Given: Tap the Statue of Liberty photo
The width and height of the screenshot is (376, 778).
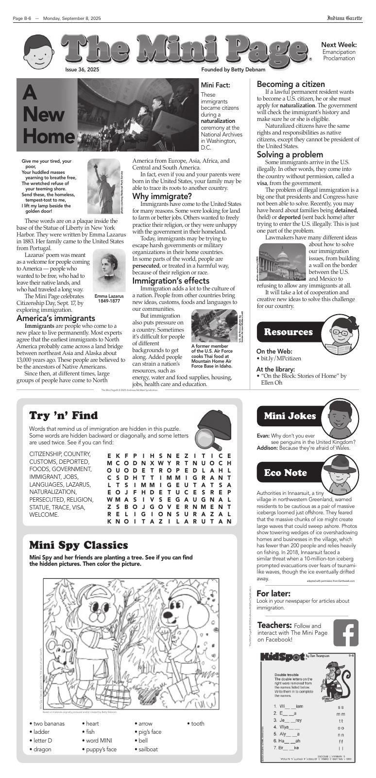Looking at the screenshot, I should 103,186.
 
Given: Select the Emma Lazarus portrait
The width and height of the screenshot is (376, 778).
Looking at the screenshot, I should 109,271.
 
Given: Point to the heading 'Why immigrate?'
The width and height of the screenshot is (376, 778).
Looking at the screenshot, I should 162,196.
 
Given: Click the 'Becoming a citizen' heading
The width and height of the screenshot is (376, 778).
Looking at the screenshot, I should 291,84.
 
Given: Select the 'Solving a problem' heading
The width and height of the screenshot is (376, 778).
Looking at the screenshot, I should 290,155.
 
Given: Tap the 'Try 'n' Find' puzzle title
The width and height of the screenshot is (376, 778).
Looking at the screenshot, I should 63,415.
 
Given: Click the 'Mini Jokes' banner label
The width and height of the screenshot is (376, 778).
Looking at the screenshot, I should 290,416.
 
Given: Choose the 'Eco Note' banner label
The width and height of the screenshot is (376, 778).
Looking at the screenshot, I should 285,473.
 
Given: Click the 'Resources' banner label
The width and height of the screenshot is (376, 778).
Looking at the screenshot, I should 288,332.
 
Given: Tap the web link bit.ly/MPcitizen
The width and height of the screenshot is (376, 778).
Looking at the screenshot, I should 281,358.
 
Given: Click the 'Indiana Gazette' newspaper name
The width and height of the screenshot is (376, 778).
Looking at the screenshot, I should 344,18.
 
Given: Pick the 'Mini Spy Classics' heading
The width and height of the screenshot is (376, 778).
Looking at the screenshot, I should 78,545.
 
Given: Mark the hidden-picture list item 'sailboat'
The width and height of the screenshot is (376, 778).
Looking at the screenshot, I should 148,749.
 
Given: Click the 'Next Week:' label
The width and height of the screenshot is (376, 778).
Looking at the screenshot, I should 339,45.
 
